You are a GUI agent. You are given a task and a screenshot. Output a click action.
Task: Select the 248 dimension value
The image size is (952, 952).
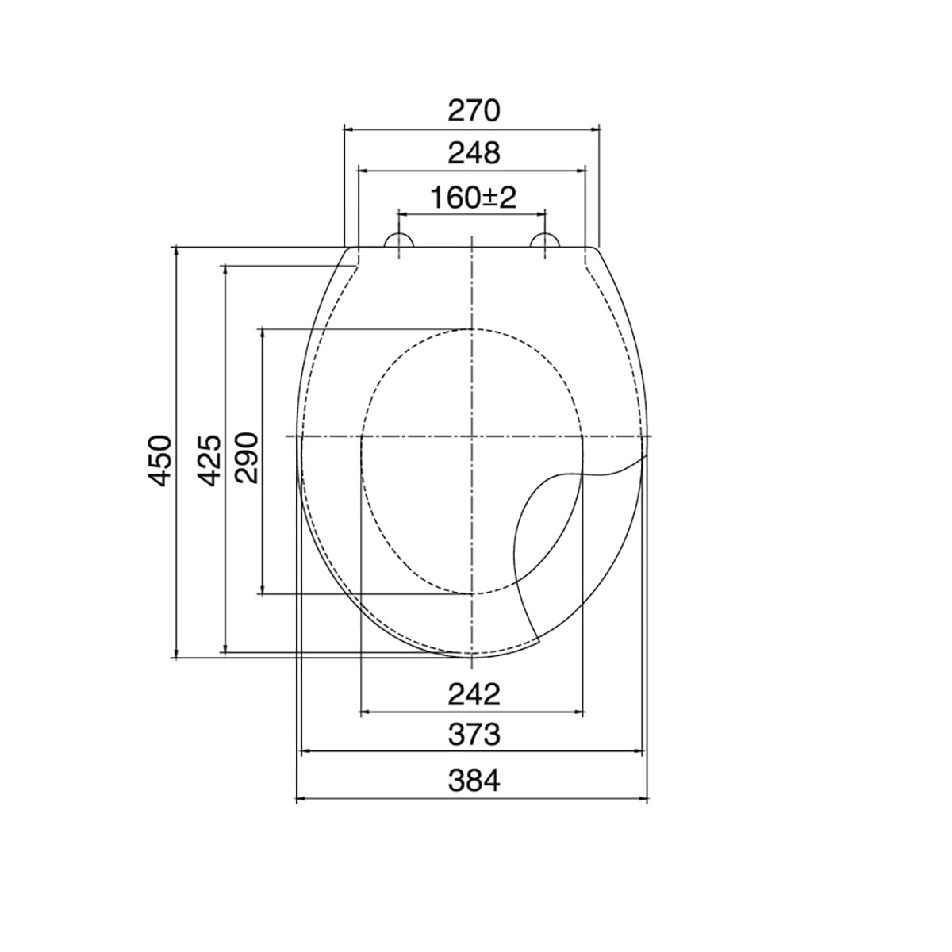tap(474, 153)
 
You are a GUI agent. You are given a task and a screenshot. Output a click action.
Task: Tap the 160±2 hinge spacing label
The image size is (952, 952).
tap(473, 198)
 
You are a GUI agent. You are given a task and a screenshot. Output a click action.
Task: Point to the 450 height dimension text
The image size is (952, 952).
tap(159, 460)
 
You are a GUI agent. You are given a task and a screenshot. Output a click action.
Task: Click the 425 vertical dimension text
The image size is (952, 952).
tap(209, 460)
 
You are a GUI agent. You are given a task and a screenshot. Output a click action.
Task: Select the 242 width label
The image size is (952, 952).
tap(474, 694)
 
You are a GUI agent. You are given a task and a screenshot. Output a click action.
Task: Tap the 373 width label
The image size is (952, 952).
tap(474, 734)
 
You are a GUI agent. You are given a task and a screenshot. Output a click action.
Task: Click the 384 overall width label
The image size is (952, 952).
tap(474, 781)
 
